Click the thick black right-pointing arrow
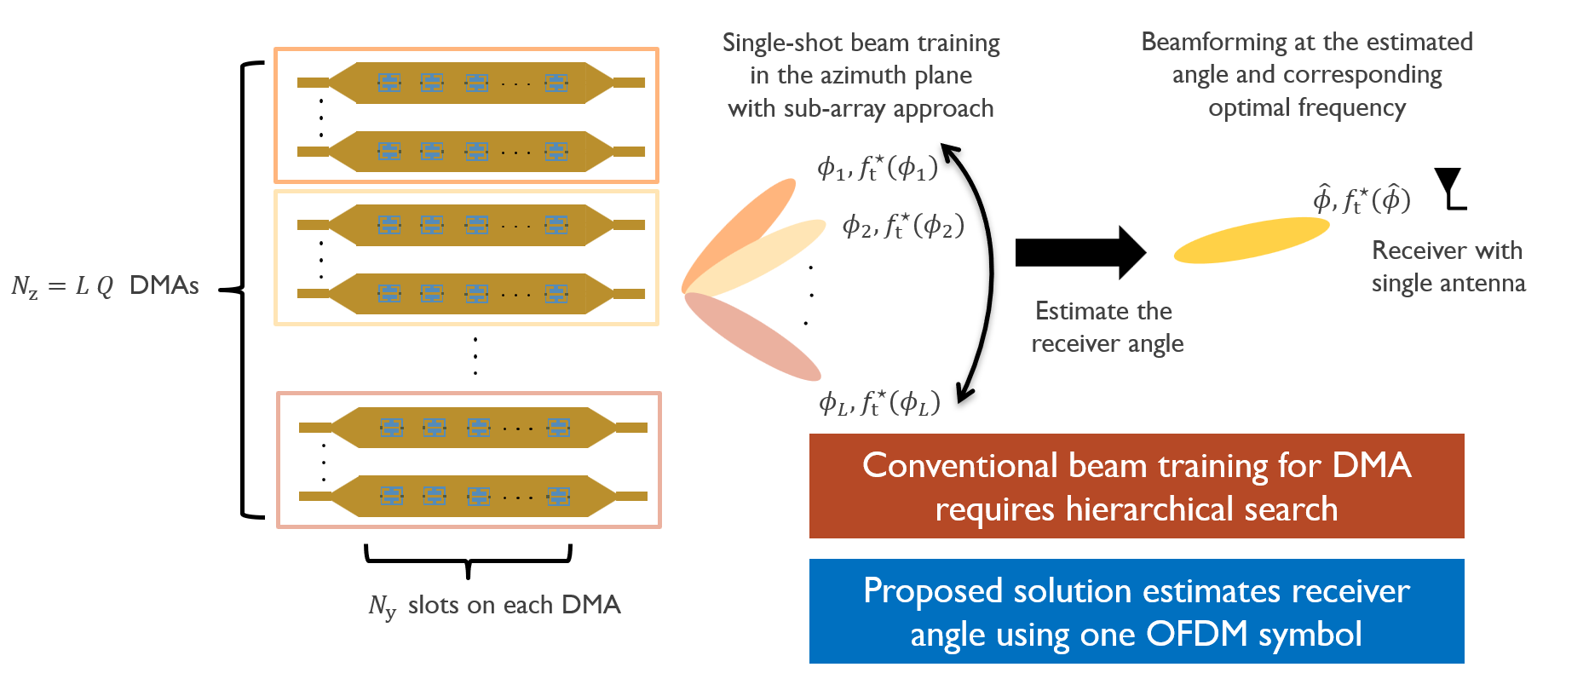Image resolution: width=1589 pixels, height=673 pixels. (x=1080, y=253)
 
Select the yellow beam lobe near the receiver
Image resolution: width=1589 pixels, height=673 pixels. (x=1252, y=240)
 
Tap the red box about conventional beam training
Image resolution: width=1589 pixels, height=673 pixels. (x=1137, y=486)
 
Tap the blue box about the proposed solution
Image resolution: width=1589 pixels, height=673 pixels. (x=1137, y=612)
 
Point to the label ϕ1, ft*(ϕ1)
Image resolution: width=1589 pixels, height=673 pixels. (x=878, y=168)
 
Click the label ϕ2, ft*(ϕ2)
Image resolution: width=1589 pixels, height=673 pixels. (x=903, y=226)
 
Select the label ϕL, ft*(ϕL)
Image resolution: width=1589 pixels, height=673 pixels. (x=879, y=402)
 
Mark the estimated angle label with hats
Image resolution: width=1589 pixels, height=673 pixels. (x=1362, y=198)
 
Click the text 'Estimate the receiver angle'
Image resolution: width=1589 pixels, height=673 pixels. (x=1107, y=327)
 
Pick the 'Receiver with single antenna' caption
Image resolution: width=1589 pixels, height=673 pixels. (x=1448, y=267)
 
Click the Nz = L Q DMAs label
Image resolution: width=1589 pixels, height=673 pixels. (x=105, y=285)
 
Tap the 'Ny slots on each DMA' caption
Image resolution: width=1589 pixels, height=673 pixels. (x=494, y=606)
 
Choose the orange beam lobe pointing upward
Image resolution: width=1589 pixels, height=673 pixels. (x=738, y=233)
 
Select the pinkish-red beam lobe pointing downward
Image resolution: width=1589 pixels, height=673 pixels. (x=752, y=336)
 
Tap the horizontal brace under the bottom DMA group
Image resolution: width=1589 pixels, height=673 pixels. (x=468, y=561)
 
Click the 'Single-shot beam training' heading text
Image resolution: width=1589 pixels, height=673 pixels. (x=861, y=43)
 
